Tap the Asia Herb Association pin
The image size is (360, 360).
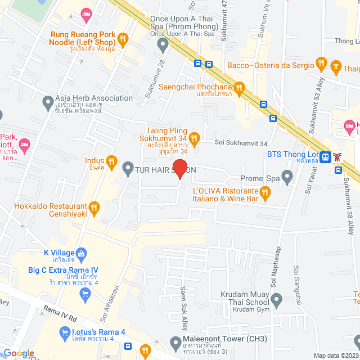48,102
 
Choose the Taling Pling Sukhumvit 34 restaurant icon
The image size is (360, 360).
194,138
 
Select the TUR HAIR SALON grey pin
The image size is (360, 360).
128,168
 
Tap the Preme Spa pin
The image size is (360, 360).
287,178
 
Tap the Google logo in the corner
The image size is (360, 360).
19,353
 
